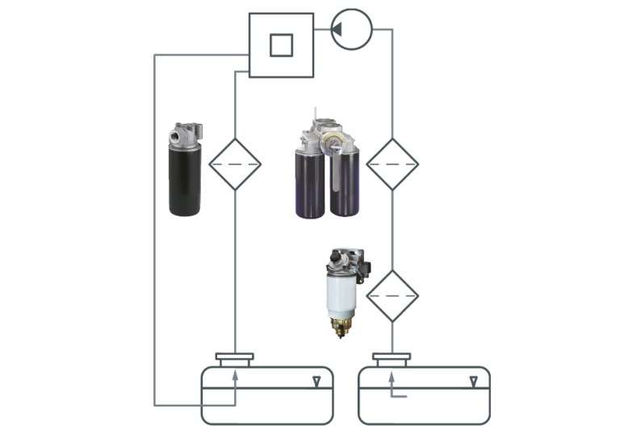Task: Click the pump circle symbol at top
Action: coord(351,29)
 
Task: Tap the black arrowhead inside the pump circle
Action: coord(337,29)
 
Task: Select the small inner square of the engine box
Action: coord(281,45)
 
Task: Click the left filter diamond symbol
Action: coord(235,164)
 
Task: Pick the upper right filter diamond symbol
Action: coord(392,164)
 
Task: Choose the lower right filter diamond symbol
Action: coord(392,296)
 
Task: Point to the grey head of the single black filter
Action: coord(186,135)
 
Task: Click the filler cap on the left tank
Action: coord(235,357)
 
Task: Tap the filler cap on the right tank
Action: coord(392,357)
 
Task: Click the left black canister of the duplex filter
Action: coord(309,184)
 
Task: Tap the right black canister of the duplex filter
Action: coord(345,184)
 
